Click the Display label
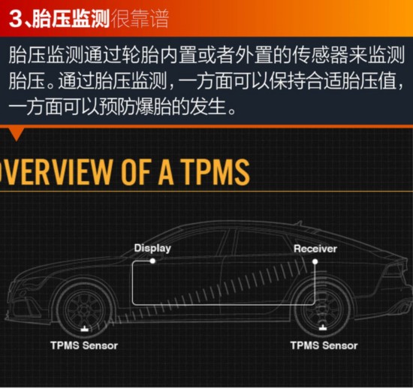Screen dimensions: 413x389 tap(152, 249)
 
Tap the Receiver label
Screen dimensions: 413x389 tap(315, 249)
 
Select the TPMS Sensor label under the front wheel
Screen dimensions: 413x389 tap(84, 345)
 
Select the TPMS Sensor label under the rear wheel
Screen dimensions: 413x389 tap(324, 345)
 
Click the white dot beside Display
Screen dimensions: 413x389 tap(152, 261)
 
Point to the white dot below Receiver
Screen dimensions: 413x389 tap(315, 262)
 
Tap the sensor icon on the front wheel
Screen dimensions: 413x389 tap(84, 329)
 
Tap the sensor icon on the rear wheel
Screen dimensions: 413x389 tap(323, 328)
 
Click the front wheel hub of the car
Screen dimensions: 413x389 tap(84, 310)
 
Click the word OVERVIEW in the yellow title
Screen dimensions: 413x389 tap(56, 172)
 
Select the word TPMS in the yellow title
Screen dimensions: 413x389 tap(216, 172)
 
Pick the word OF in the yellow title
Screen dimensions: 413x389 tap(136, 172)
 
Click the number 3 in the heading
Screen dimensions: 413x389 tap(16, 19)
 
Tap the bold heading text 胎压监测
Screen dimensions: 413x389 tap(71, 19)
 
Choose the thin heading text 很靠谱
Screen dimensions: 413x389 tap(140, 19)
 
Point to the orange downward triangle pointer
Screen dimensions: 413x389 tap(17, 134)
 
